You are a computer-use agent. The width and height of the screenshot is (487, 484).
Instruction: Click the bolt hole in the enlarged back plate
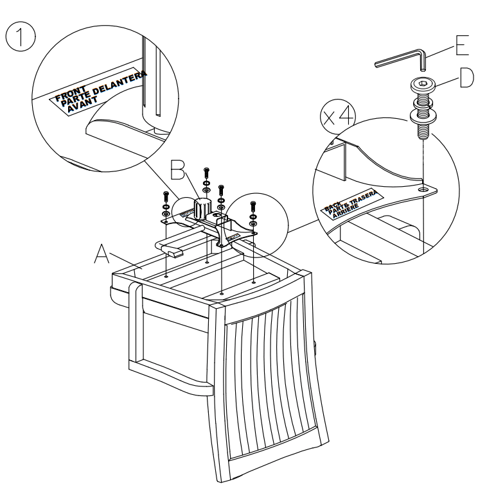[x=423, y=191]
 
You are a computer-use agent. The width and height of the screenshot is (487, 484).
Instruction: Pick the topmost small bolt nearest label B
[x=206, y=174]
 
